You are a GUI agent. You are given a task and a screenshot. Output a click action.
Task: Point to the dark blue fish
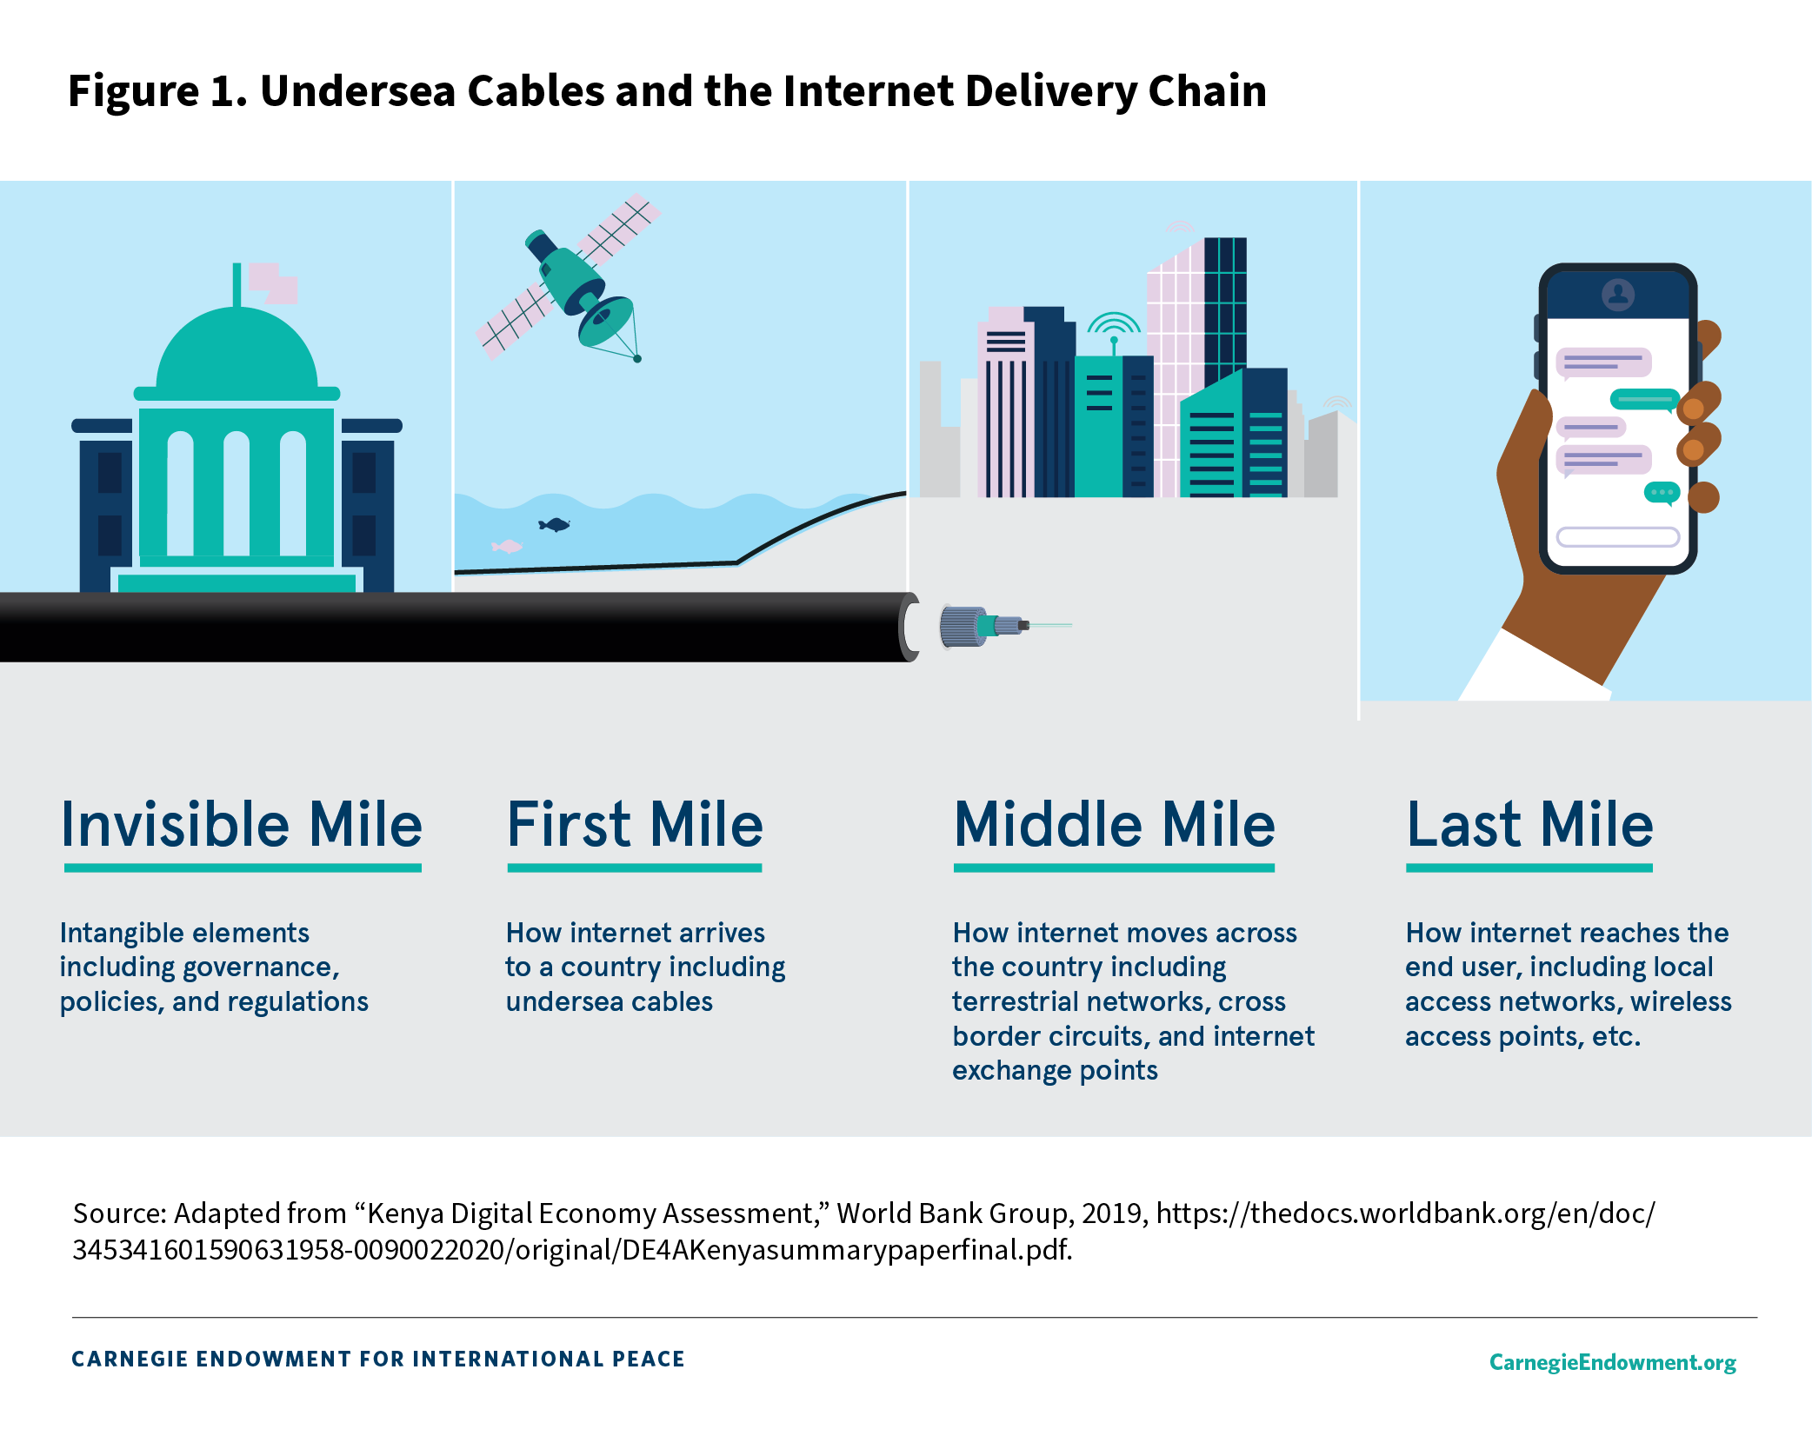click(x=554, y=524)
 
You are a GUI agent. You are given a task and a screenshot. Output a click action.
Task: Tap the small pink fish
click(x=507, y=546)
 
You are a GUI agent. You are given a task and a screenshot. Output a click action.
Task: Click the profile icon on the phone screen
click(x=1618, y=295)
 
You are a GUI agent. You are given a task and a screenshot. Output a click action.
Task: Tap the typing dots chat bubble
click(x=1662, y=493)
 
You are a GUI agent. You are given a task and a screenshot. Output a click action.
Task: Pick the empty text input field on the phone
click(x=1618, y=537)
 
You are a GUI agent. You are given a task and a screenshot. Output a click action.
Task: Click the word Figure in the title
click(x=134, y=90)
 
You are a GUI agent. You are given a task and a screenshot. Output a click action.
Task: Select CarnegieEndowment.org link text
click(x=1613, y=1362)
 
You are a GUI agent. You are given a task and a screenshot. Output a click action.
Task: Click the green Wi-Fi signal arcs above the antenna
click(x=1114, y=323)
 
